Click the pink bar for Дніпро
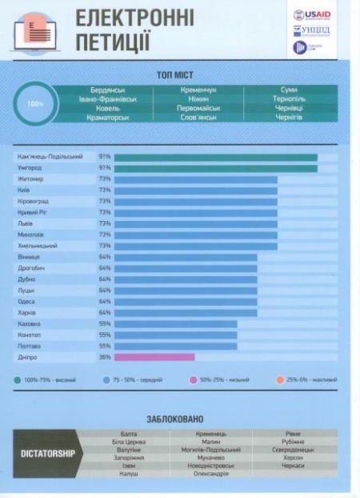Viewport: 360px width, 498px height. pos(154,357)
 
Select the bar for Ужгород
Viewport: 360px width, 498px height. pos(215,168)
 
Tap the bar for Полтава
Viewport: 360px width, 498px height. pos(175,346)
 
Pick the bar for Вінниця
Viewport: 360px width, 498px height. pos(186,257)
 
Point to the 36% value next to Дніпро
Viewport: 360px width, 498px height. pos(104,357)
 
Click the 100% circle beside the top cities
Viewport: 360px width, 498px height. pos(36,104)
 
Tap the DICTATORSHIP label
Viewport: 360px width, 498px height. pos(47,454)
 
